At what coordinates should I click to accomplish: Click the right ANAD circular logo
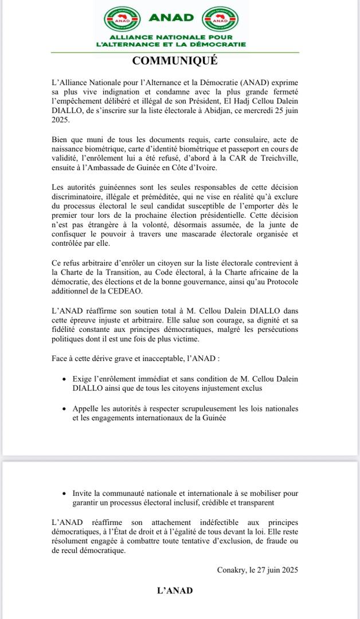pyautogui.click(x=221, y=19)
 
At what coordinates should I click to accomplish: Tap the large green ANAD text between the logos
pyautogui.click(x=171, y=18)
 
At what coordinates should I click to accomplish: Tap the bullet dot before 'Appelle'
pyautogui.click(x=63, y=409)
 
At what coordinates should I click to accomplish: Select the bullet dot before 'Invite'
pyautogui.click(x=63, y=493)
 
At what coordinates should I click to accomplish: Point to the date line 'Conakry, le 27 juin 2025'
pyautogui.click(x=257, y=570)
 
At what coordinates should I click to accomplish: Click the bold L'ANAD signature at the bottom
pyautogui.click(x=175, y=590)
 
